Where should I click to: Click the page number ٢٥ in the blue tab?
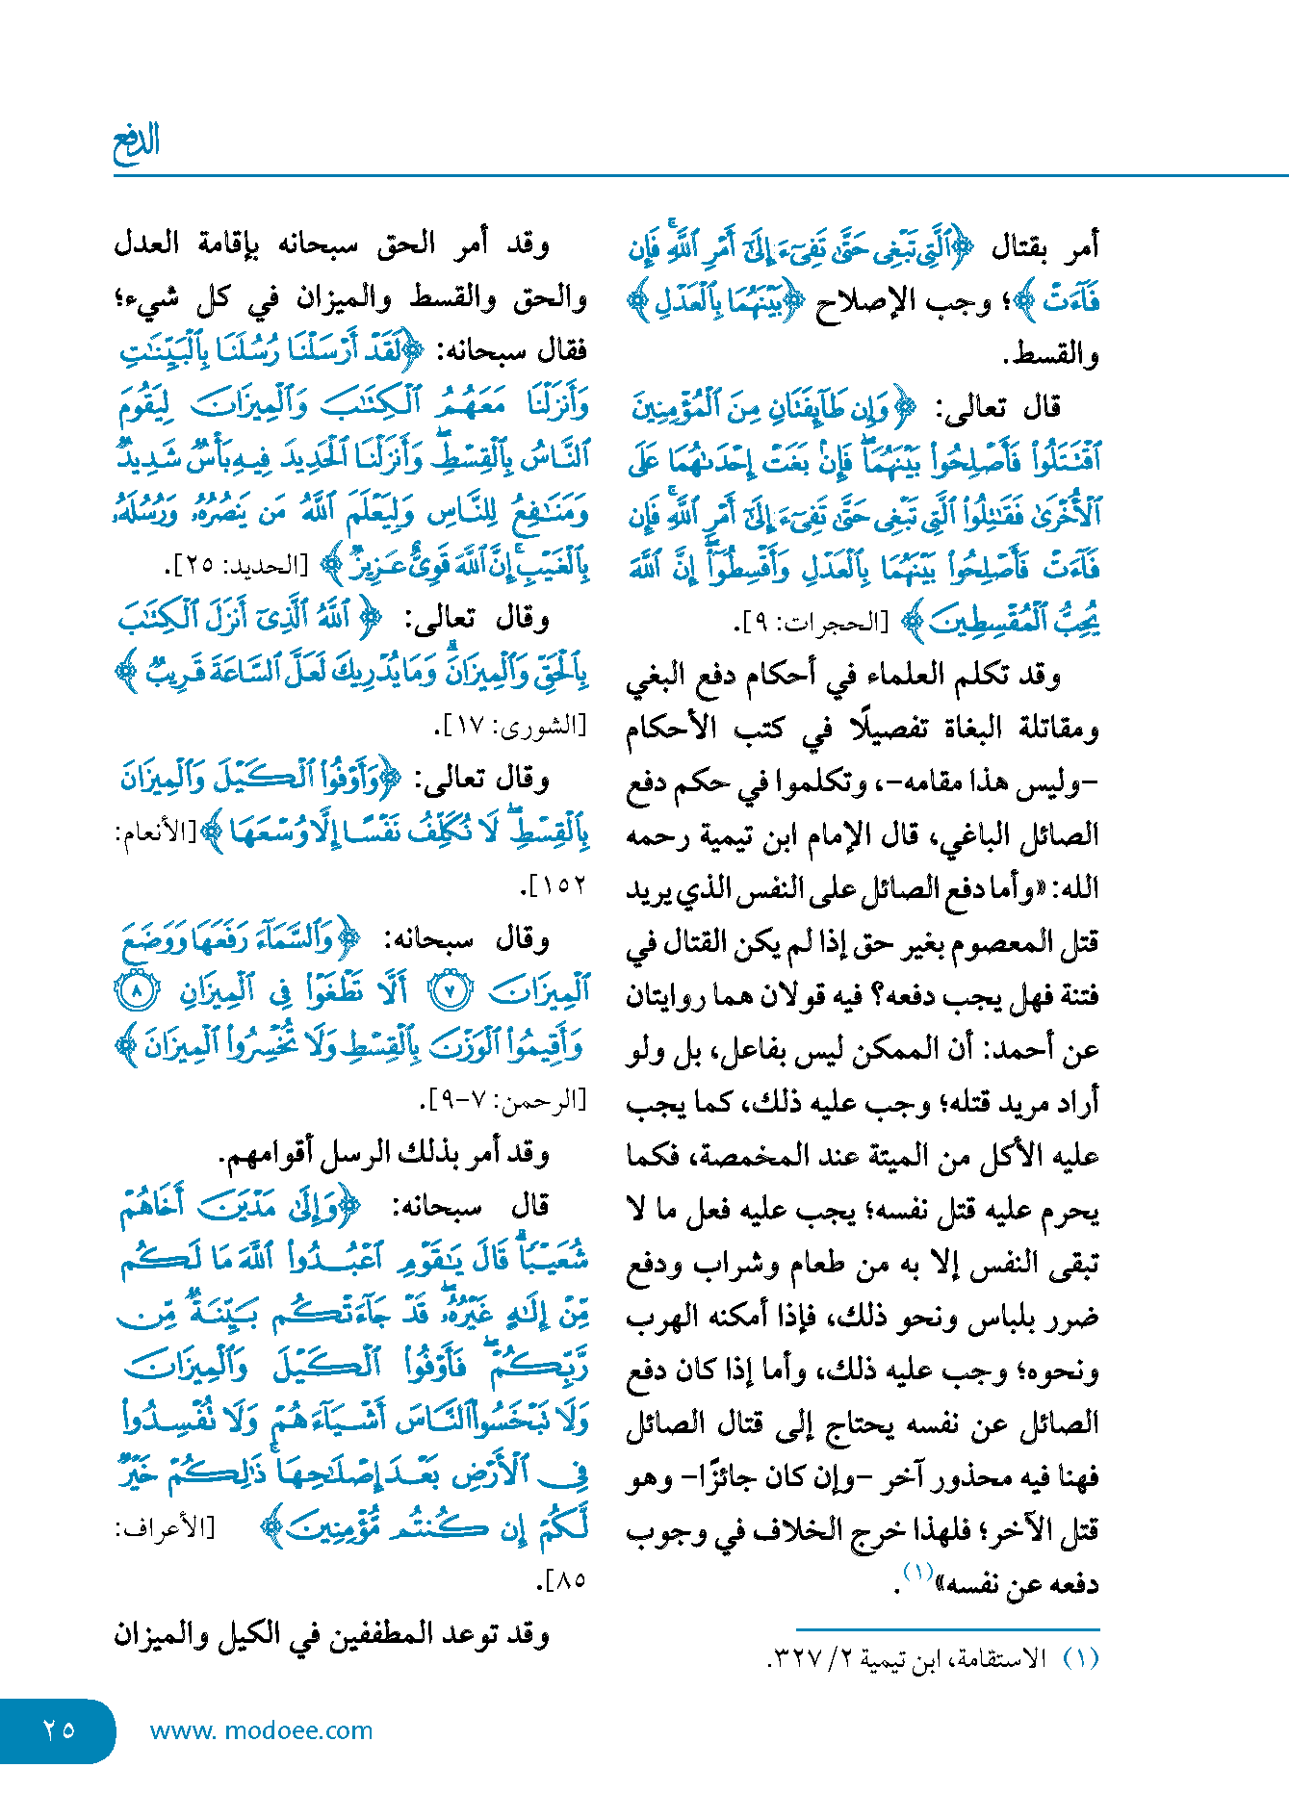pyautogui.click(x=59, y=1729)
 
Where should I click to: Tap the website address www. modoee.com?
pyautogui.click(x=261, y=1730)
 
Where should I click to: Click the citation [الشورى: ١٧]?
pyautogui.click(x=509, y=727)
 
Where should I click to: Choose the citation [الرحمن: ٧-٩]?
pyautogui.click(x=502, y=1100)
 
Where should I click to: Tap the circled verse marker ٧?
pyautogui.click(x=449, y=991)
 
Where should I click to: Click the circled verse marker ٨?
pyautogui.click(x=137, y=991)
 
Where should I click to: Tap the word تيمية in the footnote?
pyautogui.click(x=891, y=1659)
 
